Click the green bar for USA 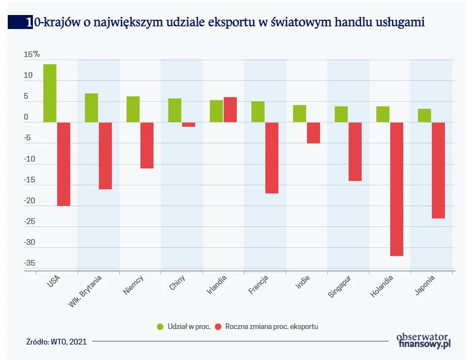tap(50, 93)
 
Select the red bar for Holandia tap(397, 189)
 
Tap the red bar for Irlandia tap(230, 110)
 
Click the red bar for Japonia tap(438, 170)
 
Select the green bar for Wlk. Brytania tap(92, 107)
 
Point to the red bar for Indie tap(313, 133)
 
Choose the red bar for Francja tap(272, 158)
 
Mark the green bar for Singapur tap(341, 114)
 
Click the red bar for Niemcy tap(147, 145)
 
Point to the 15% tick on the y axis tap(32, 55)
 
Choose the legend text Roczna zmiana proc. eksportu tap(272, 327)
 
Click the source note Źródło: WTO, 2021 tap(57, 342)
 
